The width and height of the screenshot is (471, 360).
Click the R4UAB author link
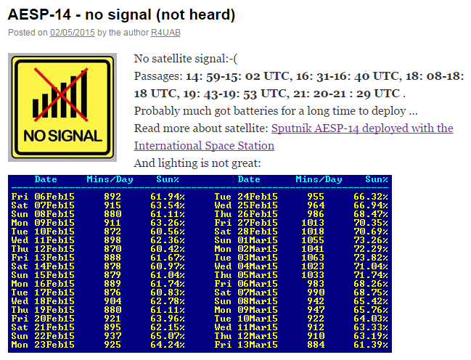point(165,33)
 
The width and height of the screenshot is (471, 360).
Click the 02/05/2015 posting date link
point(73,33)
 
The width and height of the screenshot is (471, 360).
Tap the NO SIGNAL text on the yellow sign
point(63,136)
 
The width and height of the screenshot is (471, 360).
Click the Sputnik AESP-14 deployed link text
point(362,128)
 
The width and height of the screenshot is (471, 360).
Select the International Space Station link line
point(204,146)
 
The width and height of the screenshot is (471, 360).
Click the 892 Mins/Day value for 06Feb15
point(112,197)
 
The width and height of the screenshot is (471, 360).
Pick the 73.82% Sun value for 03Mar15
point(371,258)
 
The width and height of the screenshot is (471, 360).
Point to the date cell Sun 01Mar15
point(246,240)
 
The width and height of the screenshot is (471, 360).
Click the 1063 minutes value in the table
point(313,258)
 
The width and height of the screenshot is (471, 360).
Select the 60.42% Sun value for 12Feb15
point(168,249)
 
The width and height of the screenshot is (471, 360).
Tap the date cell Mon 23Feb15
point(43,345)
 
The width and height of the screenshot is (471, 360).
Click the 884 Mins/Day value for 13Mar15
point(316,345)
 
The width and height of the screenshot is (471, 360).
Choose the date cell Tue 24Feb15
point(246,197)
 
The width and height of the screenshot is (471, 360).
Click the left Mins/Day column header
point(110,179)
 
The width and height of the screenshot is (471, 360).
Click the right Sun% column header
point(377,179)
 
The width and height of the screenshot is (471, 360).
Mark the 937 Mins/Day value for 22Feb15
point(112,336)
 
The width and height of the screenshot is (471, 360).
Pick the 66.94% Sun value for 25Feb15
point(371,205)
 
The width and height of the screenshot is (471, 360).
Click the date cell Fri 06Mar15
point(246,284)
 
